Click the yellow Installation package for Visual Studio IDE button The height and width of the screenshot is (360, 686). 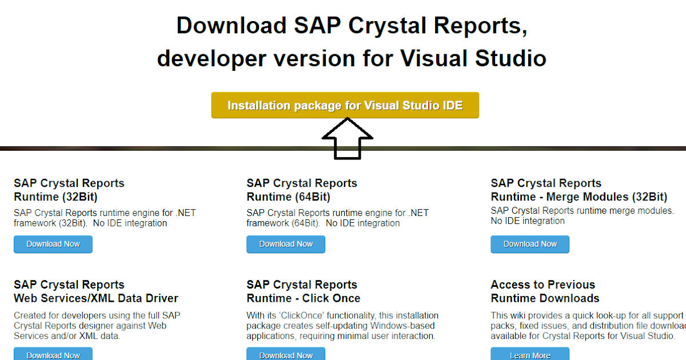345,106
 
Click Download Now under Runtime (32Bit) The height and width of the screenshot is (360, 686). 53,244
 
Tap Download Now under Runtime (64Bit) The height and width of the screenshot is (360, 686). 286,244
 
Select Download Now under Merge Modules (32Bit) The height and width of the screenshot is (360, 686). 530,244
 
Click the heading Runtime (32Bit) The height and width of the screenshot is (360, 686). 55,197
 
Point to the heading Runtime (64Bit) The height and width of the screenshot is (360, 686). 288,197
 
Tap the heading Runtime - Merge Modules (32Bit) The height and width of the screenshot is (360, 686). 579,197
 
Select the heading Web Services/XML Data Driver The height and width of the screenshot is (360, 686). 96,298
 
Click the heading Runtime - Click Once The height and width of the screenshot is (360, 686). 304,298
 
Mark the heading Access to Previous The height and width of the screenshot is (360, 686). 543,285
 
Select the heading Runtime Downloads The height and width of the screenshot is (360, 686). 545,298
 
